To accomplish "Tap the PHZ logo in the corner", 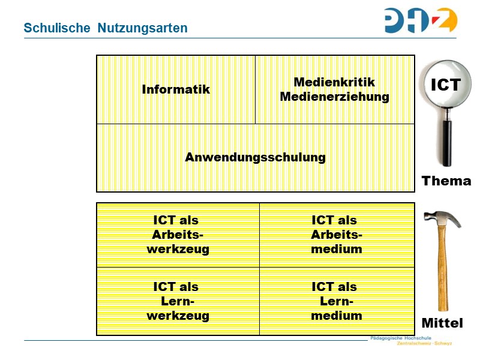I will (421, 20).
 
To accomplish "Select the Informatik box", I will (176, 89).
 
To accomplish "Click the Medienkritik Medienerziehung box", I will (334, 89).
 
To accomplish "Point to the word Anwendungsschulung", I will (255, 157).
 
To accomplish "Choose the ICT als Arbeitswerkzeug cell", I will (178, 235).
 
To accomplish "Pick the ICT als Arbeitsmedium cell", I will (337, 235).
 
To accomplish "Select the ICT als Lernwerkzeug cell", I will (178, 301).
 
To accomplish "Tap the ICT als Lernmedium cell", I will (337, 301).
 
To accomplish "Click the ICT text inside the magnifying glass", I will (446, 85).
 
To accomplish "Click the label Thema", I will (446, 181).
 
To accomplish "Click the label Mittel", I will (442, 323).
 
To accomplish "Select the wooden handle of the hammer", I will (443, 270).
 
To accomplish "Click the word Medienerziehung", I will (334, 97).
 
